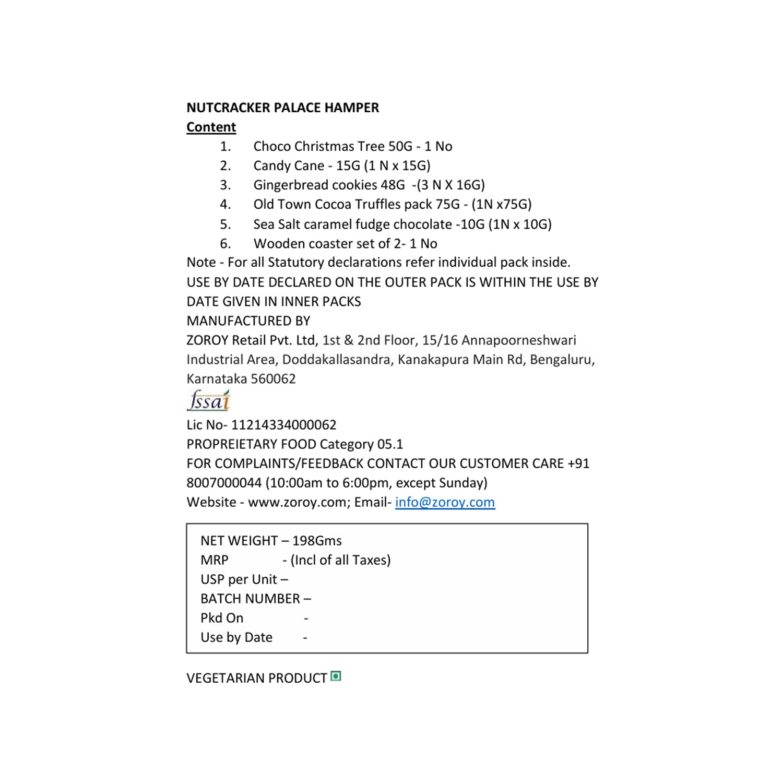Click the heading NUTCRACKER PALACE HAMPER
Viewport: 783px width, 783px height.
pos(282,108)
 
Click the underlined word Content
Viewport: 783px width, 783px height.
pos(211,127)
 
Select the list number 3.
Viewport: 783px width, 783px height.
pos(225,185)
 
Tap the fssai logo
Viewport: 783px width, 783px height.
pos(209,401)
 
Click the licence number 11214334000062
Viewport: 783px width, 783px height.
pos(283,425)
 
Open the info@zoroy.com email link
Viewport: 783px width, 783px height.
pos(445,502)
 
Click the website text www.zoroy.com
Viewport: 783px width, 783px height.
pos(297,502)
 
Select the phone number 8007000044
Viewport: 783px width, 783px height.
pos(224,483)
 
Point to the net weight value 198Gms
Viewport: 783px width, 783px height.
pos(317,541)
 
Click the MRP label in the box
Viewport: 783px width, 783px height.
pos(215,560)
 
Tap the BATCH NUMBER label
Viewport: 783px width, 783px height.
pos(250,599)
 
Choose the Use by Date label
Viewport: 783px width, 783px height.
pos(236,637)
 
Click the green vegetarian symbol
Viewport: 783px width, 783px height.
pos(336,677)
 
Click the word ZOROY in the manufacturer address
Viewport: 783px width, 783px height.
pos(207,340)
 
